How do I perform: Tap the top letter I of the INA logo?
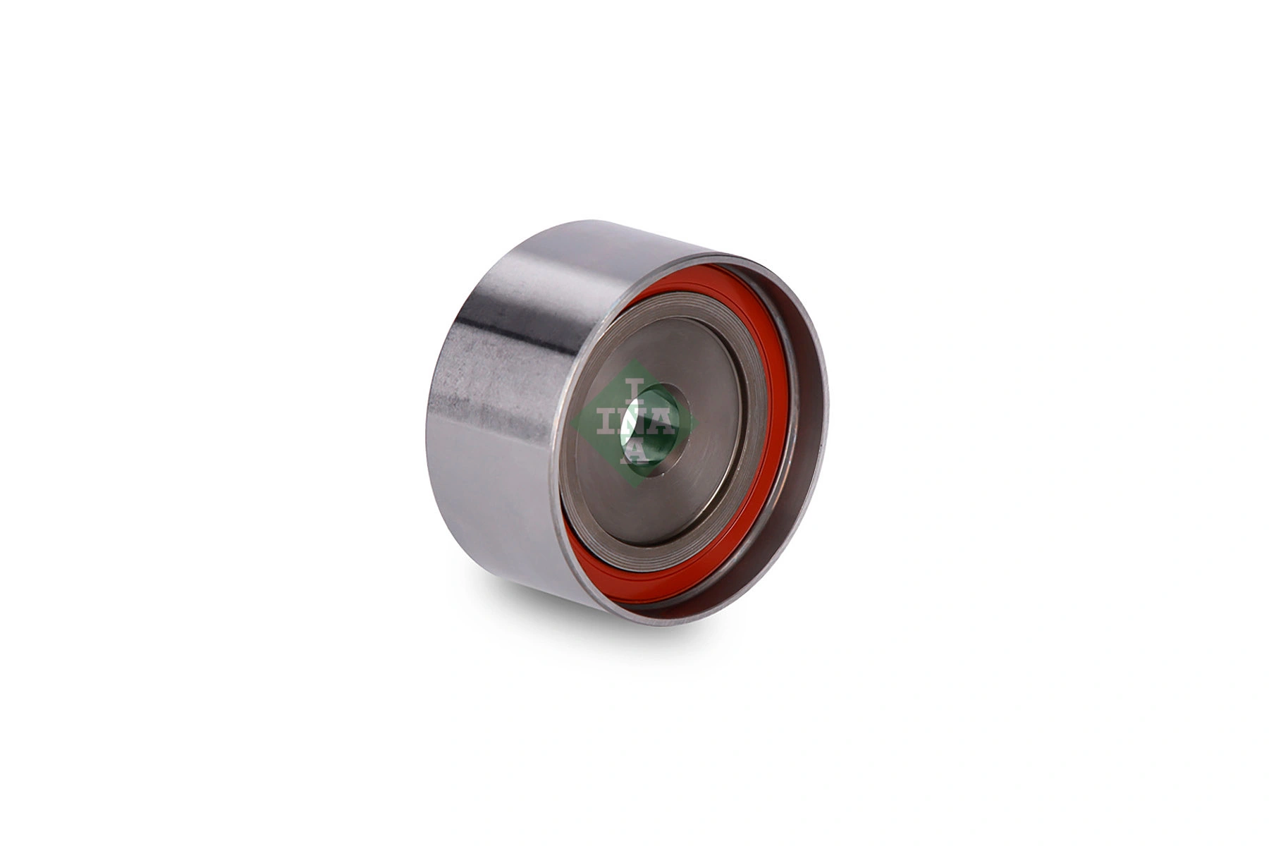pyautogui.click(x=635, y=388)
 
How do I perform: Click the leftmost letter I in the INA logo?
pyautogui.click(x=605, y=422)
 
